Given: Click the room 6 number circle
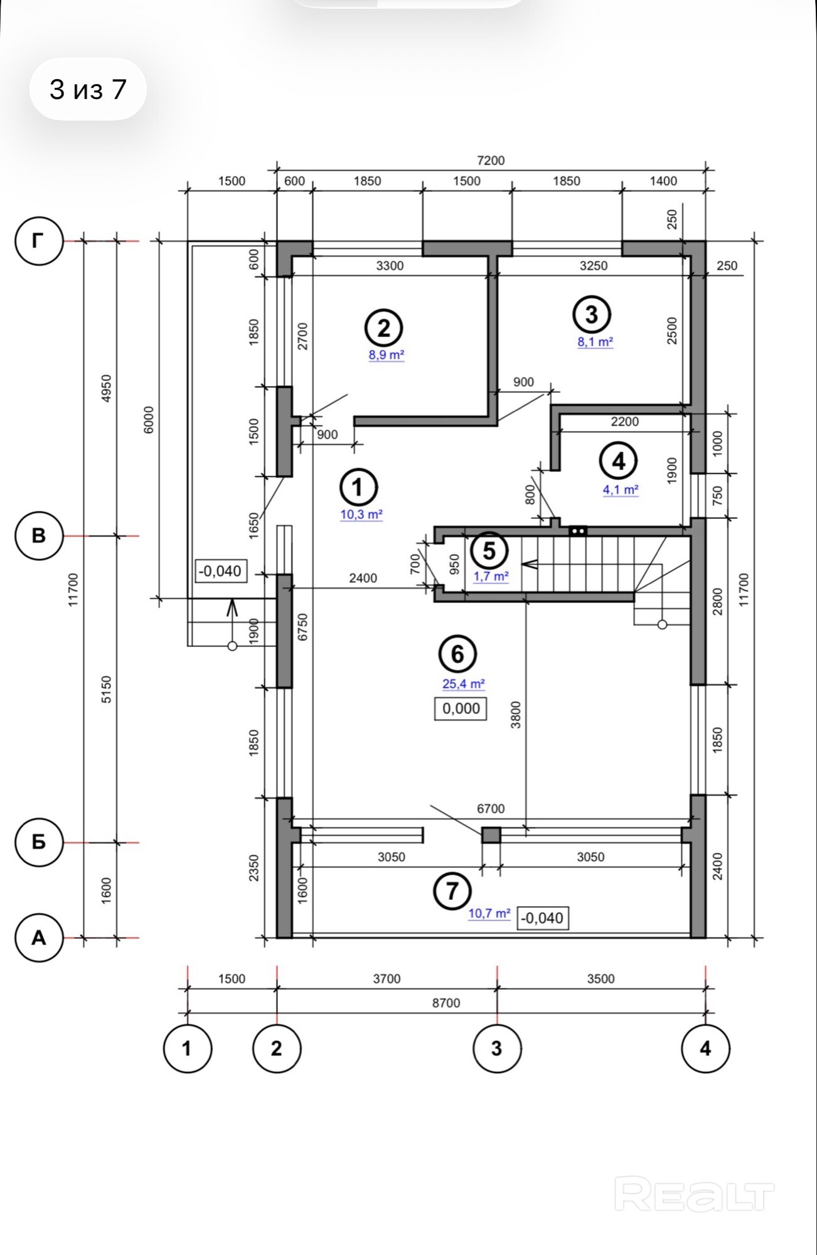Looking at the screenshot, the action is (457, 654).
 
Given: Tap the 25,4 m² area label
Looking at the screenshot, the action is (464, 684).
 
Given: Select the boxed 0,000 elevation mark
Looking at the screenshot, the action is (461, 708).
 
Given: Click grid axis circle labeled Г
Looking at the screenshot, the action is (39, 240).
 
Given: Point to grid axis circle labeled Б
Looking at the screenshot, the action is (39, 842).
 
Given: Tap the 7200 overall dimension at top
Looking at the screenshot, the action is (491, 161).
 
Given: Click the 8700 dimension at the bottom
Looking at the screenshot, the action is (446, 1003).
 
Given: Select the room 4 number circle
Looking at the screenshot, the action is (619, 462).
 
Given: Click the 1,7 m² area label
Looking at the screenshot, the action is (491, 576).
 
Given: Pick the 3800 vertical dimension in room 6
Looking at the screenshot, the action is (516, 714).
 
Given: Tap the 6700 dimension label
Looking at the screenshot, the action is (491, 809).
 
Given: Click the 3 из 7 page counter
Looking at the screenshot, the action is (88, 89).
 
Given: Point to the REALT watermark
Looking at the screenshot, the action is (694, 1194).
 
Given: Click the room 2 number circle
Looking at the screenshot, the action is (384, 328).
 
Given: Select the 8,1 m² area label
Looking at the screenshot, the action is (595, 342).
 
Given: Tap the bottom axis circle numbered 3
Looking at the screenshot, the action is (497, 1048).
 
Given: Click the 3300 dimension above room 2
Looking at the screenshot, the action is (390, 266).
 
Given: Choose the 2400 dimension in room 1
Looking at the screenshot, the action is (363, 578).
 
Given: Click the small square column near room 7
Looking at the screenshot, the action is (491, 835).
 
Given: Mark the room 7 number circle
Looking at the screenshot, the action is (452, 891).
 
